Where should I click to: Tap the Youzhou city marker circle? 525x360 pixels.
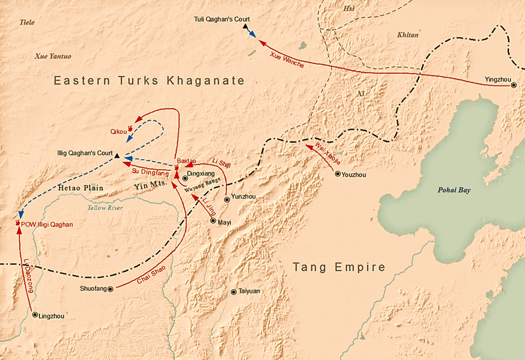point(338,174)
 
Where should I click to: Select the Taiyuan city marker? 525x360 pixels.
point(234,292)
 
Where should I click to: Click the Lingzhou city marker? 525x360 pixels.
point(35,315)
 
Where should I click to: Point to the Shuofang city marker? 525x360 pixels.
point(110,289)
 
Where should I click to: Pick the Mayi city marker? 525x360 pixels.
point(213,221)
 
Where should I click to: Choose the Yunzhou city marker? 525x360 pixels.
point(227,200)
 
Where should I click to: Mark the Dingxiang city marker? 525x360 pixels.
point(185,178)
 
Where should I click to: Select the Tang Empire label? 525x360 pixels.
point(339,267)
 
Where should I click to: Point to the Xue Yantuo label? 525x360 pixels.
point(53,56)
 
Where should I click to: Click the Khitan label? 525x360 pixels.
point(408,35)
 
